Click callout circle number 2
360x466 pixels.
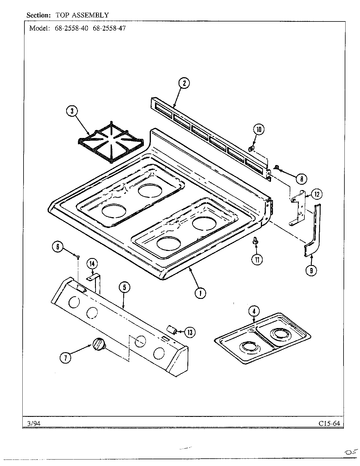click(x=184, y=83)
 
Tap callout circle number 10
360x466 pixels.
click(x=259, y=129)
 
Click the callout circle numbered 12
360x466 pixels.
click(x=317, y=194)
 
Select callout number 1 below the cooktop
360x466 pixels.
click(x=201, y=293)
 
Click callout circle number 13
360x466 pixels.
click(x=190, y=332)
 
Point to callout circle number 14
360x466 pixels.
click(x=92, y=264)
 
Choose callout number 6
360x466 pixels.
click(x=58, y=247)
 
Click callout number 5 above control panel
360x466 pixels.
click(x=124, y=287)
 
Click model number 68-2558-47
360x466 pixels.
click(x=109, y=29)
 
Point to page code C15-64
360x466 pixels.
click(x=329, y=424)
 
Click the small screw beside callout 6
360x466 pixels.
click(x=78, y=257)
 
